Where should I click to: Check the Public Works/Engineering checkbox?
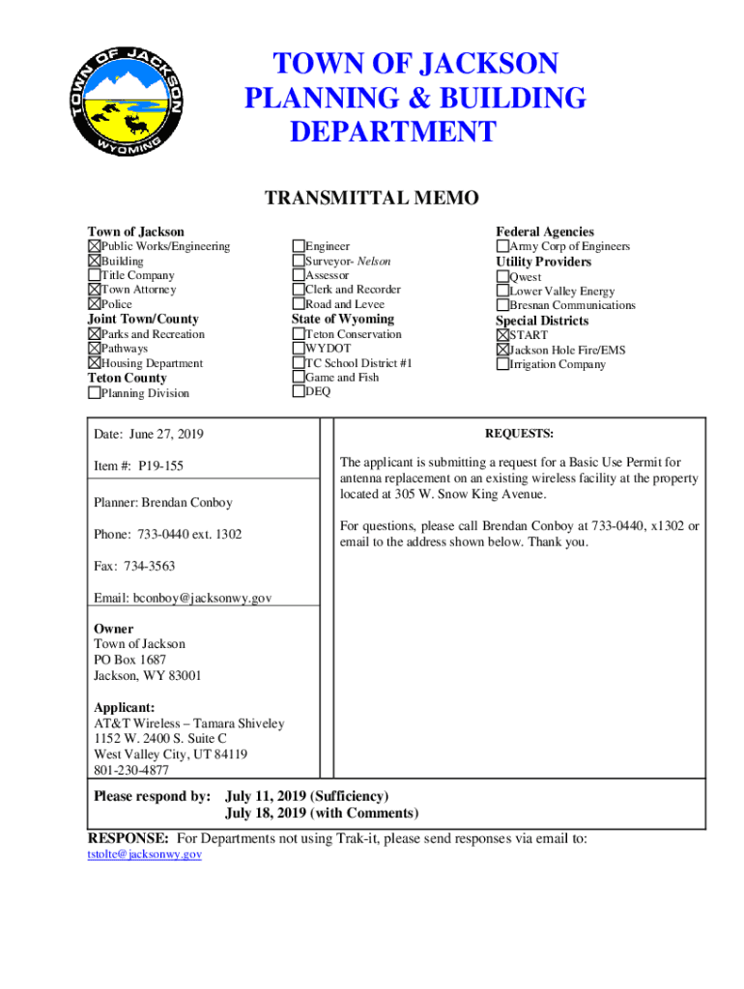click(95, 246)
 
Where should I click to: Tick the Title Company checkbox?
click(95, 275)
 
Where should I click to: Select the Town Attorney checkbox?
click(95, 290)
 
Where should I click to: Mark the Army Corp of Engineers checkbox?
click(502, 246)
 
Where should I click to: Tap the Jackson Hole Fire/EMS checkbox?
click(502, 350)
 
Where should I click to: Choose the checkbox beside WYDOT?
click(298, 349)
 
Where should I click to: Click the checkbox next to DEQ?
click(298, 392)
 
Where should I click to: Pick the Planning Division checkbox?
click(95, 393)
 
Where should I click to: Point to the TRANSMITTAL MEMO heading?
click(372, 199)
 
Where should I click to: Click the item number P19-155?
click(160, 466)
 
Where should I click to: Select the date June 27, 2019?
click(164, 435)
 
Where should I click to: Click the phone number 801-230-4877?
click(131, 770)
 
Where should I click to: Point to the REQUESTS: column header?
click(519, 435)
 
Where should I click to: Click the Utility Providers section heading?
click(543, 262)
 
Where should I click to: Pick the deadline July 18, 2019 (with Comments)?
click(322, 814)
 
